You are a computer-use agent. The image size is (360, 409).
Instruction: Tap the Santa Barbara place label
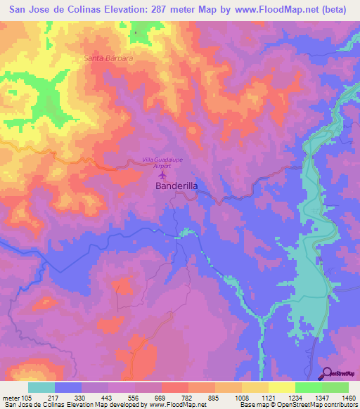pos(108,58)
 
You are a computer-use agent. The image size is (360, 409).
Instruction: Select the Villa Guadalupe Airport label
pos(163,163)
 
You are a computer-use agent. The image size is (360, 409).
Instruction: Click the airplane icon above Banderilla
pos(164,175)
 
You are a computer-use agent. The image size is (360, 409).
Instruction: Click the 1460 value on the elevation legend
pos(348,397)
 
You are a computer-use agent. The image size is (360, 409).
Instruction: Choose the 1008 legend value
pos(241,397)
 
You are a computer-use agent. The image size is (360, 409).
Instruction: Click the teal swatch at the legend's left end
pos(41,387)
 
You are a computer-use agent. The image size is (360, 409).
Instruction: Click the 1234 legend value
pos(295,397)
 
